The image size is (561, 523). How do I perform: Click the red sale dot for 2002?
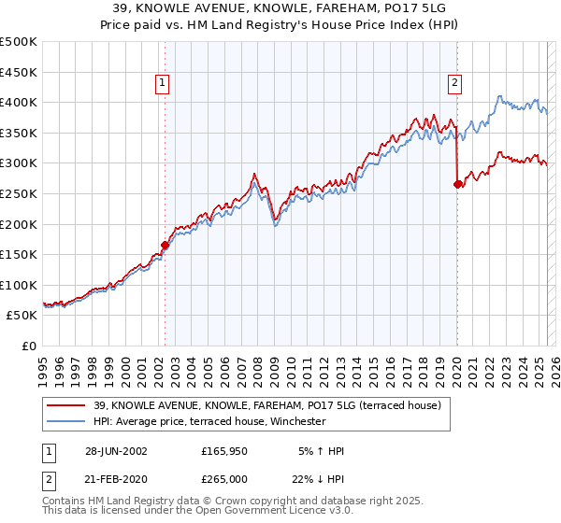point(165,246)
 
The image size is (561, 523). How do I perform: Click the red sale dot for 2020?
point(457,185)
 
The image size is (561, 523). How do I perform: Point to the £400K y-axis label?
point(19,102)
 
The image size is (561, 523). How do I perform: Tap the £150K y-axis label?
point(19,254)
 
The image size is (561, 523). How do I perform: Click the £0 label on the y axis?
point(30,346)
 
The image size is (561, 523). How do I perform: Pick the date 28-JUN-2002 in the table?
point(116,451)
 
